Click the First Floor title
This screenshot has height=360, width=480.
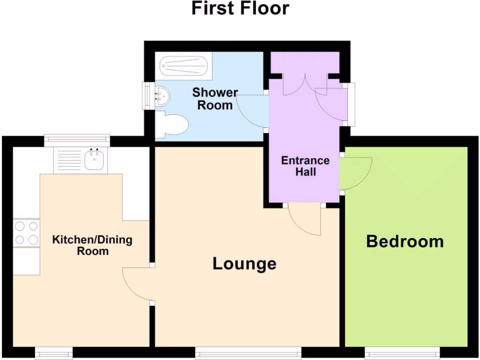(240, 8)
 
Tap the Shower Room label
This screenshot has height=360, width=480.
(215, 98)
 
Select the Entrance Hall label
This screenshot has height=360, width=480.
(305, 166)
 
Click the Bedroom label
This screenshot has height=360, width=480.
(405, 241)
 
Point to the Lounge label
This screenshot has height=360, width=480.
(244, 263)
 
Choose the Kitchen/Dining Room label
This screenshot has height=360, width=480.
(92, 245)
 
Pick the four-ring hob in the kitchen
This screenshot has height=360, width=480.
(26, 233)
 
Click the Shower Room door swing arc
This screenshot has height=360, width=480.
(251, 112)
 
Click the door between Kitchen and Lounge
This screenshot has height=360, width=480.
(136, 284)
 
